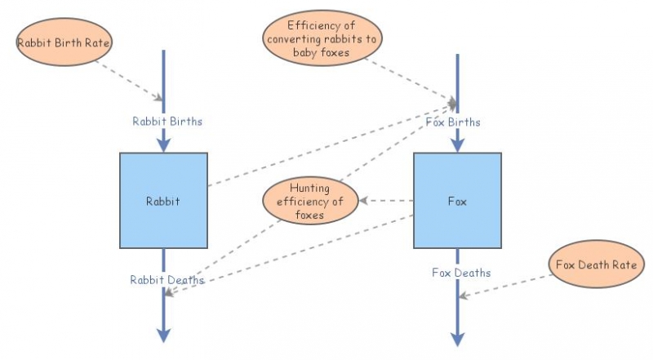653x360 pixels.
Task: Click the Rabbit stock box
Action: coord(162,200)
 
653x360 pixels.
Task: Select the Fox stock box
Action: coord(457,200)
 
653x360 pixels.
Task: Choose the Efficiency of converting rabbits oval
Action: coord(322,38)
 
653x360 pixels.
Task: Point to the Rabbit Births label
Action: coord(167,121)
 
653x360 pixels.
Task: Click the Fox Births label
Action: coord(453,122)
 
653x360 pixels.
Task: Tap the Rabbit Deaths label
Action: coord(167,280)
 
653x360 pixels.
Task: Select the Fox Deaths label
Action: coord(461,273)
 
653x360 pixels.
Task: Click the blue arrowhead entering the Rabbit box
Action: coord(163,144)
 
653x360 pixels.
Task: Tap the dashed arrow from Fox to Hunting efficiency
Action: coord(388,201)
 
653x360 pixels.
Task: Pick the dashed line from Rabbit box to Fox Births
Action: coord(326,147)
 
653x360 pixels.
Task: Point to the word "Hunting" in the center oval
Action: coord(310,189)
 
